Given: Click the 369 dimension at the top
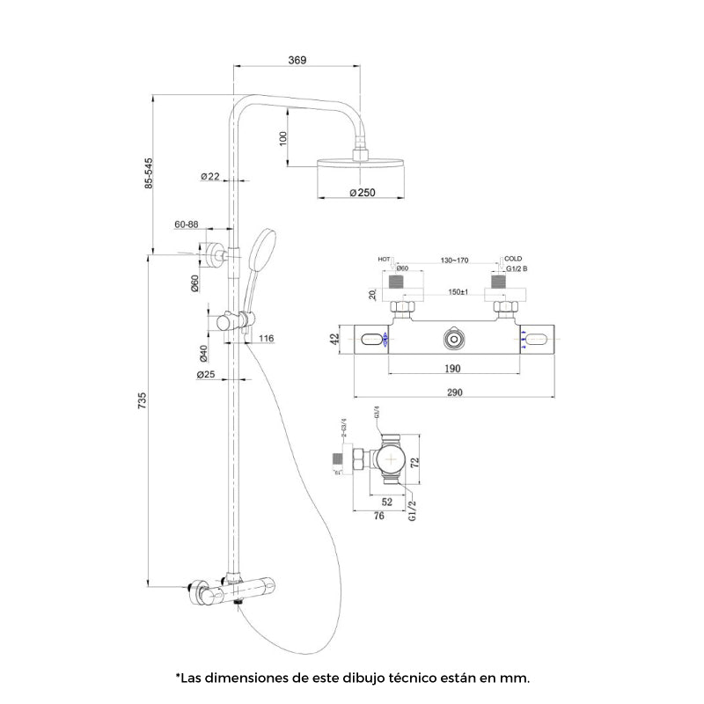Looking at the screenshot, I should pyautogui.click(x=297, y=60).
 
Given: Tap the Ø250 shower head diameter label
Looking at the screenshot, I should pyautogui.click(x=363, y=192).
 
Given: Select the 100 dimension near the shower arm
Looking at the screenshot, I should pyautogui.click(x=283, y=139).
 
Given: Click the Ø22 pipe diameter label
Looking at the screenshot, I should pyautogui.click(x=209, y=176).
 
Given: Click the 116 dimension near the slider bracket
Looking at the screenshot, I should pyautogui.click(x=268, y=338).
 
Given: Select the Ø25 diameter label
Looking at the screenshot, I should pyautogui.click(x=206, y=375).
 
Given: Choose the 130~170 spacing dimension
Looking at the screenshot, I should pyautogui.click(x=455, y=260).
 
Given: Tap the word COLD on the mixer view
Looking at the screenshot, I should pyautogui.click(x=513, y=259).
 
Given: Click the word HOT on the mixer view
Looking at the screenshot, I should pyautogui.click(x=384, y=260).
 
